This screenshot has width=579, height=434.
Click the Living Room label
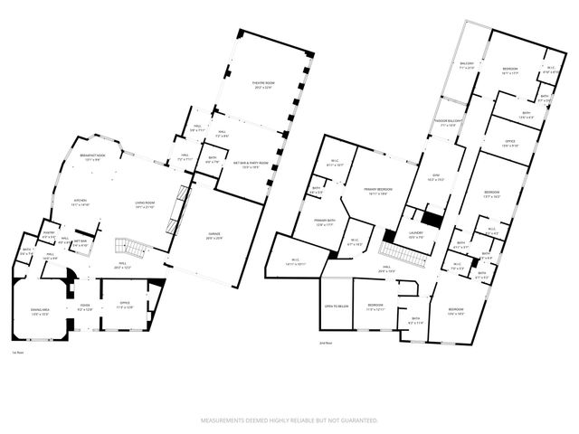click(146, 204)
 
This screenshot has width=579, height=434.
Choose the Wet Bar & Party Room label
click(247, 164)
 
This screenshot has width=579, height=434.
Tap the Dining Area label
click(39, 312)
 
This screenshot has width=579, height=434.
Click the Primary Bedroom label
click(382, 191)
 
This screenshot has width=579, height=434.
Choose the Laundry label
click(416, 234)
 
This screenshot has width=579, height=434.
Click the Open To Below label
click(335, 307)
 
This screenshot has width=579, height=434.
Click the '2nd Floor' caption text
click(327, 344)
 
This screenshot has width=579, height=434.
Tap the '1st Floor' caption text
click(17, 353)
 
